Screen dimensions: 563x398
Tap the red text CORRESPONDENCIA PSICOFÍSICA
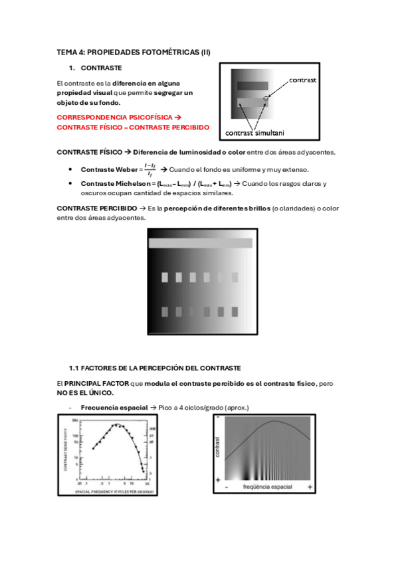click(110, 116)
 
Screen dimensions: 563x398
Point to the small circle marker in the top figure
click(266, 98)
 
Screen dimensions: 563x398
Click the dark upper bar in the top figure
click(252, 86)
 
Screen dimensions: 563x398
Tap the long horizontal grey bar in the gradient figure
click(201, 243)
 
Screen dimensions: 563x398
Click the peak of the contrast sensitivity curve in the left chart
click(117, 424)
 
